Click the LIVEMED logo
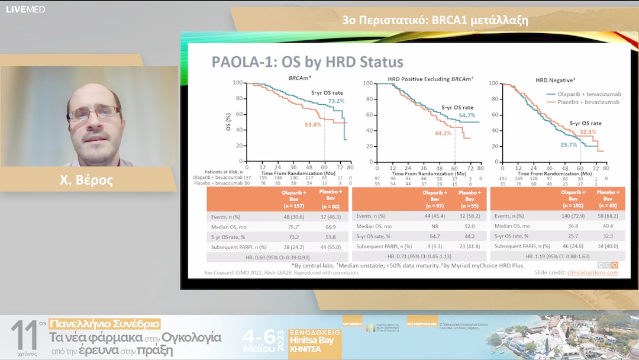[x=25, y=9]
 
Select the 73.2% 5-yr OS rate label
[x=336, y=101]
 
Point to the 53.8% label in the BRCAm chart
[x=312, y=125]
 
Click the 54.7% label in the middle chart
[x=466, y=115]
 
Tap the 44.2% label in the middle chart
[x=443, y=133]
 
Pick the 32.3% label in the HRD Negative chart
[x=587, y=131]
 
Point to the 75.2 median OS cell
[x=293, y=227]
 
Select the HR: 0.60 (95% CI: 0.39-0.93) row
[x=277, y=257]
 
